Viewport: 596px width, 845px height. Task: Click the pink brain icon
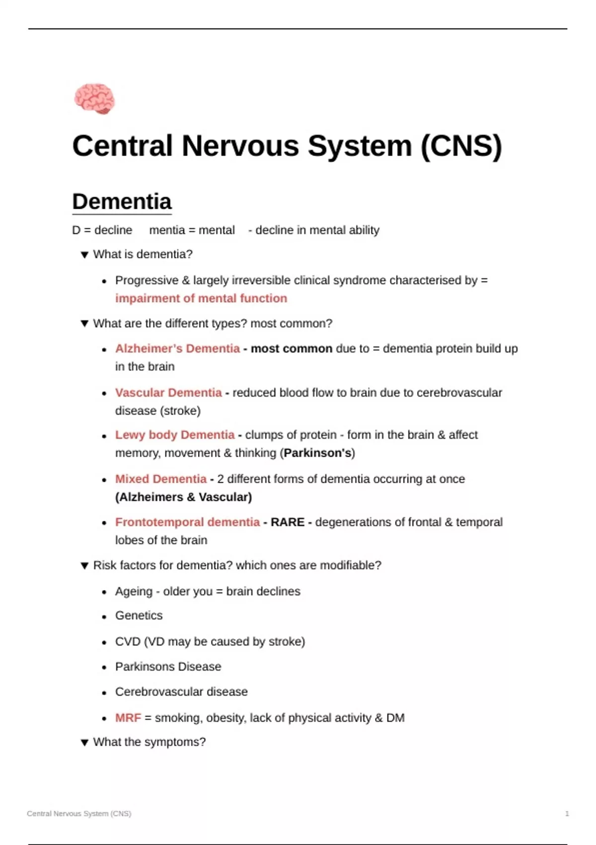(x=94, y=98)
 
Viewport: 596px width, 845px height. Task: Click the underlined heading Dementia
(x=122, y=202)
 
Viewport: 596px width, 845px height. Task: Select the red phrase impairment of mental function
(x=201, y=298)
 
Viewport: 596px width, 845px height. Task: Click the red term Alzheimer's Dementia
(x=177, y=348)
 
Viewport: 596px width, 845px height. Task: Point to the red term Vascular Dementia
(x=168, y=393)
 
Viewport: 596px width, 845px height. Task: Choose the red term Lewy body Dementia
(x=175, y=435)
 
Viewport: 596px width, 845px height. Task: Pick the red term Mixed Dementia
(x=161, y=479)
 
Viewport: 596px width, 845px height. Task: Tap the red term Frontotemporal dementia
(x=187, y=522)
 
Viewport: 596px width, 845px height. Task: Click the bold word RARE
(x=288, y=522)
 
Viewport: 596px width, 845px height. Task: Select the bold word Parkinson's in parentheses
(x=317, y=453)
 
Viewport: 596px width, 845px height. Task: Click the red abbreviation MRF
(x=128, y=718)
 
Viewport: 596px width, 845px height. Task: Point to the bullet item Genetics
(x=139, y=615)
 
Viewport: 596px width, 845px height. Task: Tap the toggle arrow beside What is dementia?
(x=84, y=255)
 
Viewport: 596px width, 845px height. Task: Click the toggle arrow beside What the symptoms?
(x=84, y=743)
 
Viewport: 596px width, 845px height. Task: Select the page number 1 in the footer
(x=567, y=814)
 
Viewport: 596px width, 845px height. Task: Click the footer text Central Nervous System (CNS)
(x=79, y=814)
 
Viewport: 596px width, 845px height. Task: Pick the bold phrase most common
(x=291, y=348)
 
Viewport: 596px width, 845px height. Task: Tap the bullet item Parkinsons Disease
(x=168, y=667)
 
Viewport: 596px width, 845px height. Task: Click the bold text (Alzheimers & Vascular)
(x=183, y=497)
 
